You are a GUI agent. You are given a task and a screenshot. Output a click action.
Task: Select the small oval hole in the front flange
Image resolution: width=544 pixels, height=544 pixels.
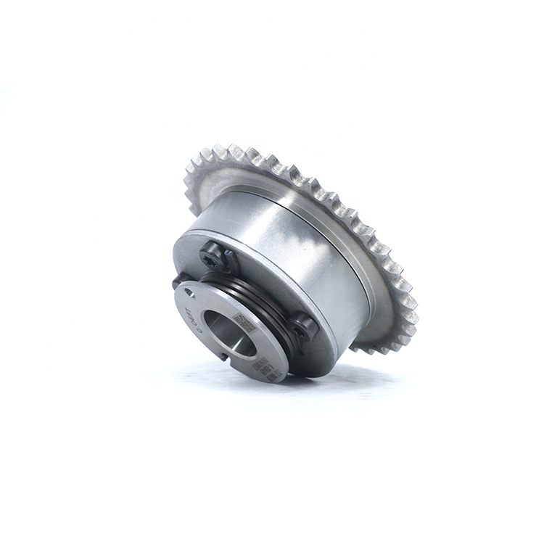coord(190,294)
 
